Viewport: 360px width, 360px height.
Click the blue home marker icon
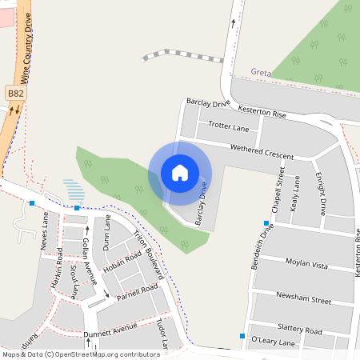tap(180, 173)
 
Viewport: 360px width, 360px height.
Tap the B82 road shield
tap(15, 94)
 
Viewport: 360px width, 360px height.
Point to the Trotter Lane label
tap(229, 127)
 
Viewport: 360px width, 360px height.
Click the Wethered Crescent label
tap(262, 152)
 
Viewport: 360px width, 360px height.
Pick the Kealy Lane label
tap(296, 192)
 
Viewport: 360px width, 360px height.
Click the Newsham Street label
tap(303, 300)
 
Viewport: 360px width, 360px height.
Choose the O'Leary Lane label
tap(274, 342)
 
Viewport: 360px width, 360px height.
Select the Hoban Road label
tap(122, 264)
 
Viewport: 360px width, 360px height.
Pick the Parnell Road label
tap(137, 293)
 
